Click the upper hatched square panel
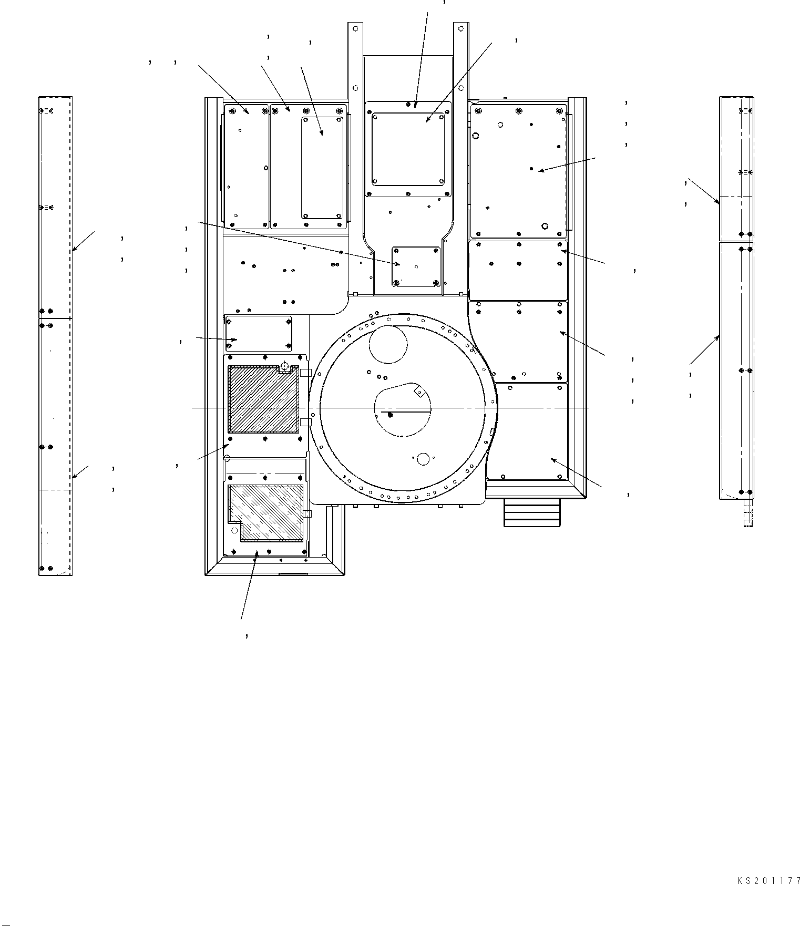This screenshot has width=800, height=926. click(x=263, y=399)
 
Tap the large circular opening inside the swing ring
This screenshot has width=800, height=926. click(x=388, y=344)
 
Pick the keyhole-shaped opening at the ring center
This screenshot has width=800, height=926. click(x=403, y=409)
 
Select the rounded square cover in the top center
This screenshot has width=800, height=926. click(x=408, y=150)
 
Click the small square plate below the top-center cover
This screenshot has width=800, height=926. click(x=416, y=266)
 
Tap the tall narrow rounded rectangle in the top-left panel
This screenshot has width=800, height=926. click(x=322, y=168)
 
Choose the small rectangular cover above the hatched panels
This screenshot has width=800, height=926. click(x=258, y=333)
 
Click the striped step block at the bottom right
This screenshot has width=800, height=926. click(x=532, y=512)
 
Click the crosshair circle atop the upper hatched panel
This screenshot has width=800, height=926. click(x=284, y=367)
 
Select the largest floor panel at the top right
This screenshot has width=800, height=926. click(x=518, y=171)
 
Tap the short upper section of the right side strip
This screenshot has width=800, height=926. click(x=736, y=168)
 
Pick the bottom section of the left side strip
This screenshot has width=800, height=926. click(x=55, y=532)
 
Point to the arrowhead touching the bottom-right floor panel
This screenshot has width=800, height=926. click(x=553, y=460)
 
